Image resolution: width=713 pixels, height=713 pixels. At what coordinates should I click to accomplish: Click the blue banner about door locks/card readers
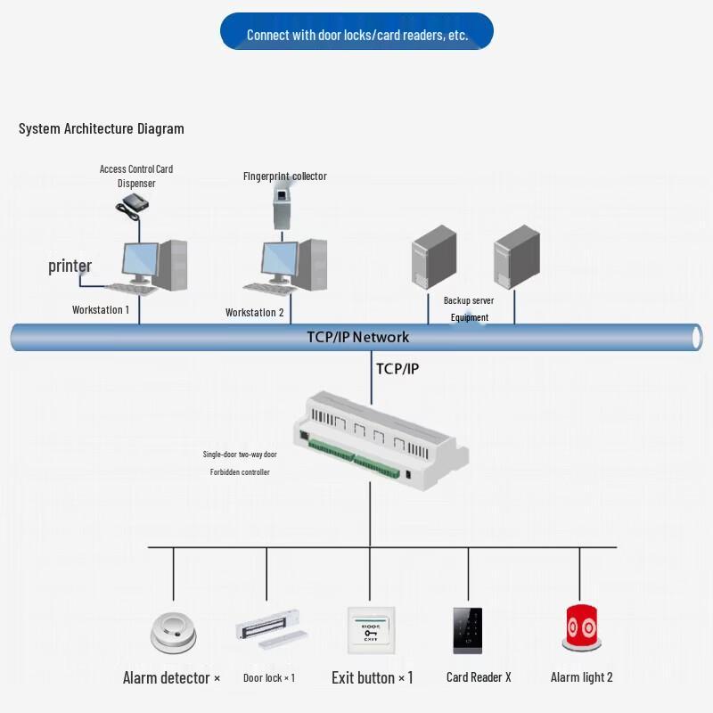point(356,31)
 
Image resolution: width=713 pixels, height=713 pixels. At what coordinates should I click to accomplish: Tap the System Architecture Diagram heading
point(102,128)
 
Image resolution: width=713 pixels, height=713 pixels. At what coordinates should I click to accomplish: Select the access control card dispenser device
point(132,206)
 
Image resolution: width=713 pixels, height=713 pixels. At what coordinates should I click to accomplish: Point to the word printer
point(70,266)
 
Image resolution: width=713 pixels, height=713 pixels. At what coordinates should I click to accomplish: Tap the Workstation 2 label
point(255,313)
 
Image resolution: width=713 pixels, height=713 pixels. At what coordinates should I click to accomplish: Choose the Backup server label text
point(469,300)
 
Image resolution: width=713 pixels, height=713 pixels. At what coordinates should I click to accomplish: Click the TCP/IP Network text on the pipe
point(358,337)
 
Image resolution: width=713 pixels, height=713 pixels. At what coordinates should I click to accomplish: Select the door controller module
point(381,440)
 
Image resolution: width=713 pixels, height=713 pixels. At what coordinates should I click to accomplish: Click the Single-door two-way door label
point(240,455)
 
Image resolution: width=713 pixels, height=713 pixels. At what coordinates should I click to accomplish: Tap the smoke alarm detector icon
point(173,633)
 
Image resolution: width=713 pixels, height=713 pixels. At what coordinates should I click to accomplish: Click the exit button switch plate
point(371,630)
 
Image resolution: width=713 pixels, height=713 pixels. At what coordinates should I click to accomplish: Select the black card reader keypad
point(467,631)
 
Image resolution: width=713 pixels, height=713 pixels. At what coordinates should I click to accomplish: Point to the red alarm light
point(582,627)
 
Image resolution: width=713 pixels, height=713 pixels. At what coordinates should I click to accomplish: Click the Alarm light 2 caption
point(582,677)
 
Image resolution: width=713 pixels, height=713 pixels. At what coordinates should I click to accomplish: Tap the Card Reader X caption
point(479,677)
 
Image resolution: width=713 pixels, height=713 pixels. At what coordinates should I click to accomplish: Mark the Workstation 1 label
point(101,309)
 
